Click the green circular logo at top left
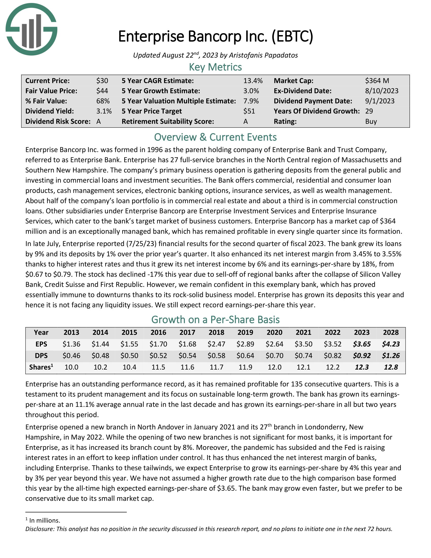point(31,29)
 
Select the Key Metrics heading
point(215,67)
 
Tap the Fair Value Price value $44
point(102,91)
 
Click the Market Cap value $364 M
point(377,81)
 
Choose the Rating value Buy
point(371,121)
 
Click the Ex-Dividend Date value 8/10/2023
point(382,91)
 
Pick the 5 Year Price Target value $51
point(249,111)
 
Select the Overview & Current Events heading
point(215,137)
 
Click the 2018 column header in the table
point(216,332)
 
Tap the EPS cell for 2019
point(245,344)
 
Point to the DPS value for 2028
point(391,355)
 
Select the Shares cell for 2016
point(158,367)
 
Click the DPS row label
point(41,355)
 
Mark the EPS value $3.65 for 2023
point(362,344)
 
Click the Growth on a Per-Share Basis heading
point(215,320)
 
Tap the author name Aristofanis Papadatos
point(263,55)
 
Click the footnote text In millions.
point(45,520)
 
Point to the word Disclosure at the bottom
point(40,529)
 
